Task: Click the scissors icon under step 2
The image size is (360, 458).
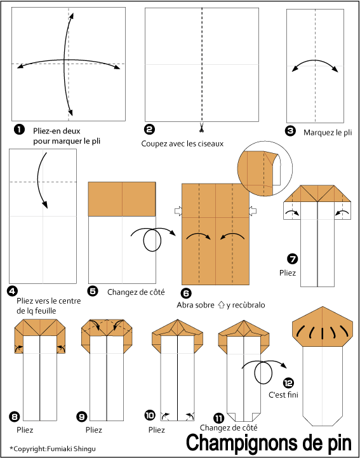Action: pyautogui.click(x=201, y=127)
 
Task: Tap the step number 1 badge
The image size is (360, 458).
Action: pyautogui.click(x=19, y=130)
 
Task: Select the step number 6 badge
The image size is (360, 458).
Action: pyautogui.click(x=186, y=293)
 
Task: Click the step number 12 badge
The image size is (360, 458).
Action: pyautogui.click(x=288, y=383)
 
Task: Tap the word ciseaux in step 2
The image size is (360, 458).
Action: pyautogui.click(x=211, y=144)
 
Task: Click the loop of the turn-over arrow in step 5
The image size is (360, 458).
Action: pyautogui.click(x=152, y=240)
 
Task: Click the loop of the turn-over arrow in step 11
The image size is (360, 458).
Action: pyautogui.click(x=263, y=372)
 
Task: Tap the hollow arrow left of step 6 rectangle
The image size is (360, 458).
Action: pyautogui.click(x=178, y=211)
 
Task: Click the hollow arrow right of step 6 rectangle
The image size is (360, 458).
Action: pyautogui.click(x=253, y=211)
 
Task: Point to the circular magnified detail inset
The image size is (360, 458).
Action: pyautogui.click(x=265, y=169)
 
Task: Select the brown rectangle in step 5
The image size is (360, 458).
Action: pyautogui.click(x=122, y=199)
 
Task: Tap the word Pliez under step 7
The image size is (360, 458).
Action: pyautogui.click(x=288, y=273)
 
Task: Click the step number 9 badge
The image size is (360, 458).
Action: pyautogui.click(x=82, y=417)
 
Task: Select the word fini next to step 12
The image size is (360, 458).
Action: pyautogui.click(x=292, y=395)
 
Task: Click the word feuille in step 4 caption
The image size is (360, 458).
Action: pyautogui.click(x=46, y=311)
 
